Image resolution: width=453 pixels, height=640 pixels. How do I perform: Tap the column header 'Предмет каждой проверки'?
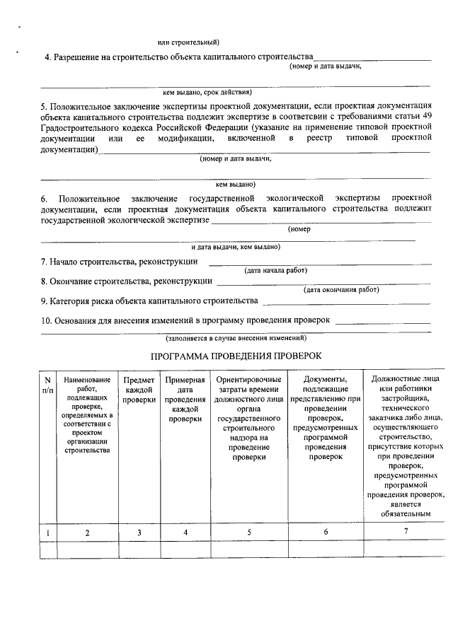point(139,390)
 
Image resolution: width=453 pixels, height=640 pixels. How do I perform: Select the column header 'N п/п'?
point(47,385)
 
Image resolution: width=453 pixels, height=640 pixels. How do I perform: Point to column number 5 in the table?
point(249,533)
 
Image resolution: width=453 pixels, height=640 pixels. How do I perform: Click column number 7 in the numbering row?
point(406,532)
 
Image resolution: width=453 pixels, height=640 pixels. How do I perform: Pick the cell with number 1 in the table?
point(47,533)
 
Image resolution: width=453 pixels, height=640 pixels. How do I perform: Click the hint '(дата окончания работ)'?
point(341,289)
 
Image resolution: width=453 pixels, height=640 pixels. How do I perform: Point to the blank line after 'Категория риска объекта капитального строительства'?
point(345,305)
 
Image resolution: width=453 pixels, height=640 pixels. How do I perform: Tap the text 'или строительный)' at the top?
point(188,43)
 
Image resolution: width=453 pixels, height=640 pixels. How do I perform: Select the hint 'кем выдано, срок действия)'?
point(207,92)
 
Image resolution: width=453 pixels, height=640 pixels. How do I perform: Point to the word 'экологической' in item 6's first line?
point(296,199)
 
